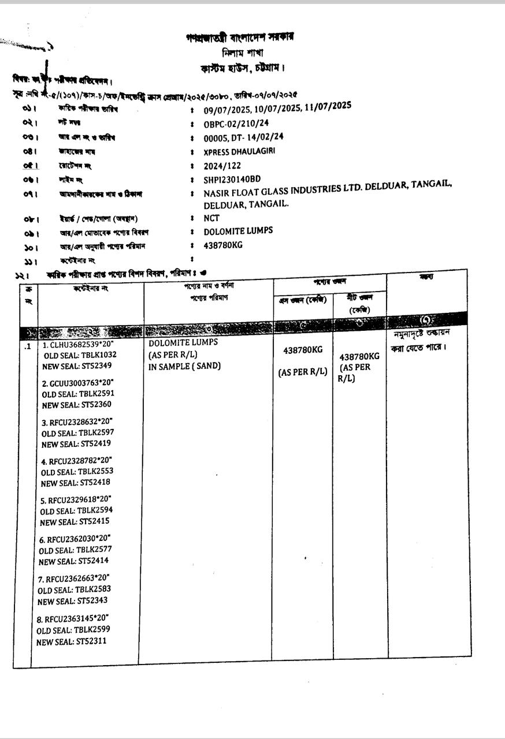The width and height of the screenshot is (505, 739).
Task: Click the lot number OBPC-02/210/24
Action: [236, 124]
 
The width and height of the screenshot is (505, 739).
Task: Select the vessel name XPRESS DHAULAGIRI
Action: [240, 151]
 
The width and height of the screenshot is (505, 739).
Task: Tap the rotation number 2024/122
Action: [223, 165]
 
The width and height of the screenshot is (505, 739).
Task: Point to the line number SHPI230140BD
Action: [232, 179]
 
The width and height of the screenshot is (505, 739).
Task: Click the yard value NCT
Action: [212, 218]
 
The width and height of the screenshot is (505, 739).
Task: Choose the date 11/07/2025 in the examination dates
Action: [328, 107]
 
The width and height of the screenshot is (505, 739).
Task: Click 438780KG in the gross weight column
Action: [303, 350]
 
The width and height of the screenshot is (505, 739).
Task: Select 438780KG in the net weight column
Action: [359, 356]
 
